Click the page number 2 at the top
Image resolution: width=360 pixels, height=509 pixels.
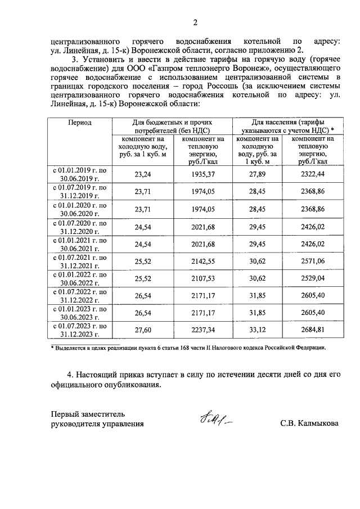195,22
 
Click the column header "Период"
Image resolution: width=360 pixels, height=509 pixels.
80,122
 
